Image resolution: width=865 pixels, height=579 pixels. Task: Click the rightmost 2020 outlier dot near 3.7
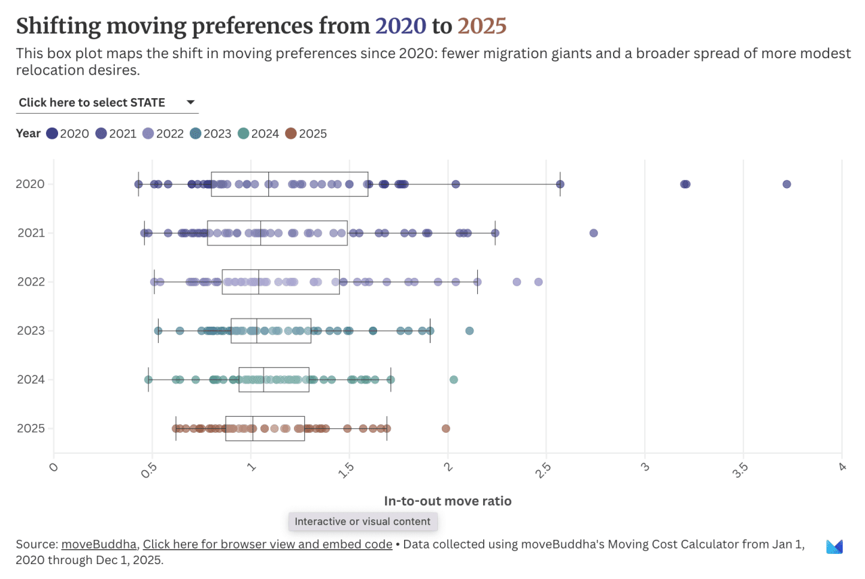pos(787,184)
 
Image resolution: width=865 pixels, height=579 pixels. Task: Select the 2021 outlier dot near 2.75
pos(593,233)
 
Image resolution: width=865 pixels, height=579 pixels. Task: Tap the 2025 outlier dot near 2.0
pos(445,428)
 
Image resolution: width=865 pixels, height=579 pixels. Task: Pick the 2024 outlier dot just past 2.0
pos(453,379)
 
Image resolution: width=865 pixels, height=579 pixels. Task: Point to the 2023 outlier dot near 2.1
pos(470,331)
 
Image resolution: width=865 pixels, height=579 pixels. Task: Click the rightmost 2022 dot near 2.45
pos(539,281)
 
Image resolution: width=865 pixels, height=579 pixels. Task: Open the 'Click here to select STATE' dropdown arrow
pos(191,102)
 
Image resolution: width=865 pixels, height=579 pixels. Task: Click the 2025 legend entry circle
pos(291,134)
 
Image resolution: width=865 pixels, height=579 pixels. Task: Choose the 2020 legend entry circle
pos(52,134)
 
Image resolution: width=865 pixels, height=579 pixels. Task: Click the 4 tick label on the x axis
pos(842,467)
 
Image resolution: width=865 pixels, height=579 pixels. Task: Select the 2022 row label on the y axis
pos(31,281)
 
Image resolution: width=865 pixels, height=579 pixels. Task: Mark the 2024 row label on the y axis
pos(31,379)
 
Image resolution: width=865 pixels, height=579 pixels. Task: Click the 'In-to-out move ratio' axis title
pos(447,501)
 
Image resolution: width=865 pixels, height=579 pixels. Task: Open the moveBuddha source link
pos(99,545)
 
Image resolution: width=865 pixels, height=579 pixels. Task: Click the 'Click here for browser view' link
pos(267,545)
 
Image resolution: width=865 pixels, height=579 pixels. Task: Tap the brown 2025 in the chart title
pos(482,26)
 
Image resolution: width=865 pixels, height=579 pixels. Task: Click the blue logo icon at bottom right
pos(835,547)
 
